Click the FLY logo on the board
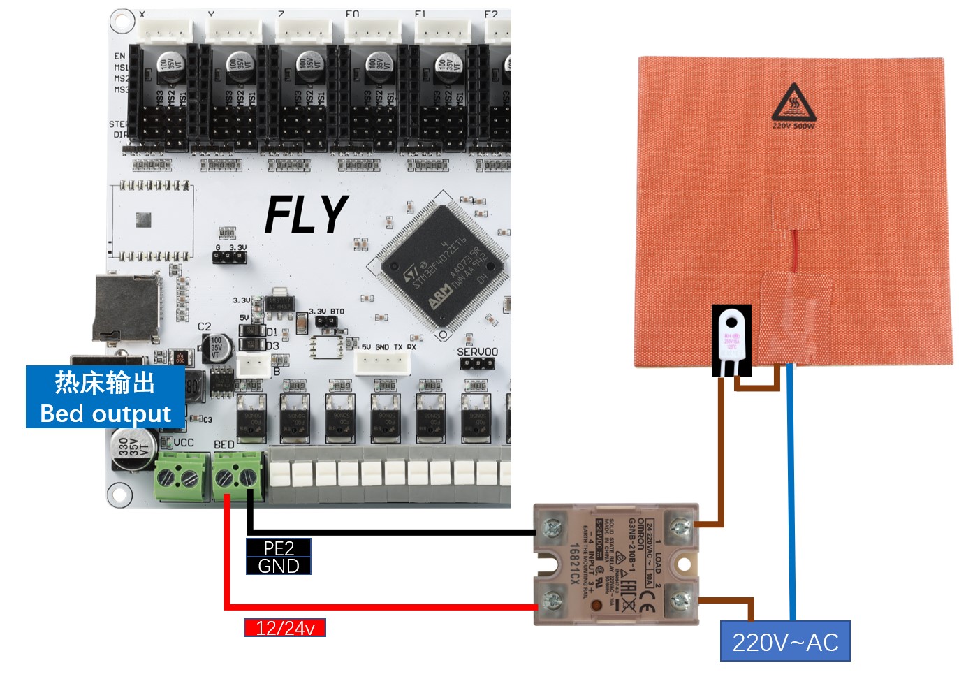point(306,214)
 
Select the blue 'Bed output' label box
point(105,397)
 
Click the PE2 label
point(278,548)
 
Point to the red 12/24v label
point(284,628)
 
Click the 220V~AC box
point(785,641)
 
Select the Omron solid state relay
point(615,564)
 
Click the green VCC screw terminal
point(181,477)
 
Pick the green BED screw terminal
point(237,477)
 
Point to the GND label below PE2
point(278,566)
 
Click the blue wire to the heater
point(791,489)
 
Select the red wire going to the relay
point(377,606)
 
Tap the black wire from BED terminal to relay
point(391,532)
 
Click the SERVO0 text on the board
point(478,352)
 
